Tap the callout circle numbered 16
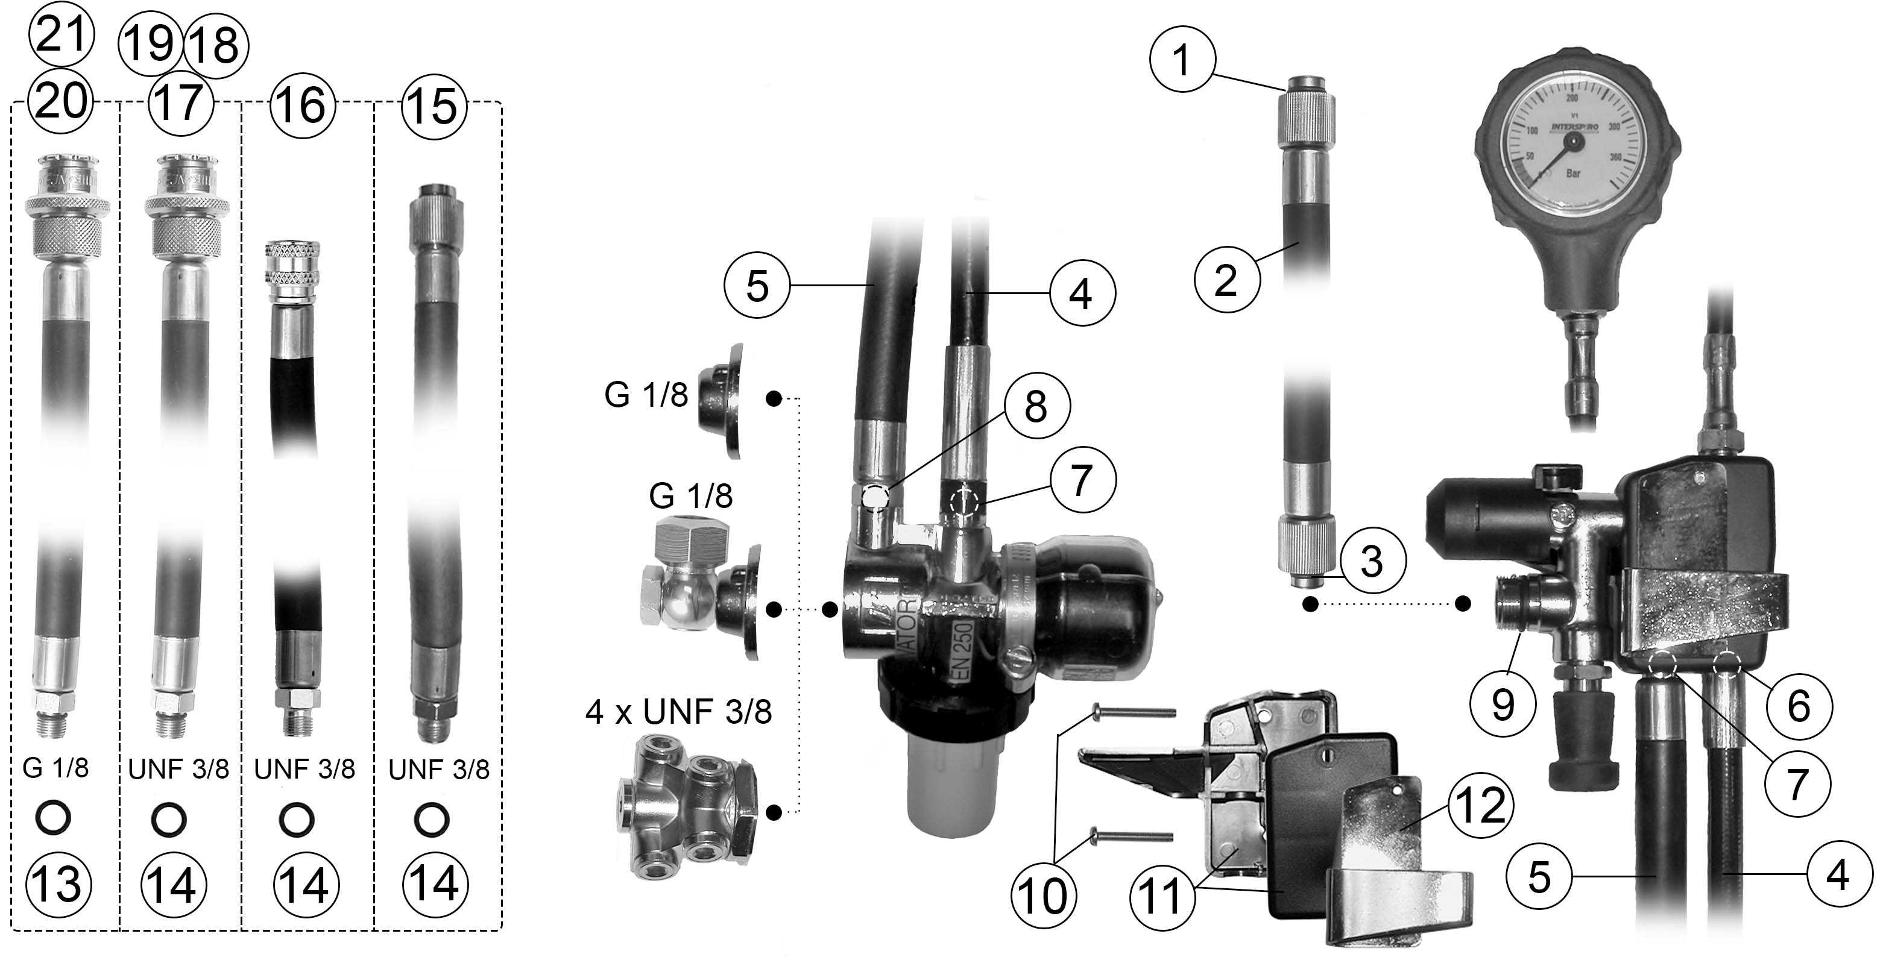pos(303,106)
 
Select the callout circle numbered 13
pos(58,884)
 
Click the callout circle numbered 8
pos(1036,406)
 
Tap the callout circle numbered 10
pos(1043,896)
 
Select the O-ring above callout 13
pos(54,818)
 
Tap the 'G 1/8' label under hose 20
pos(55,768)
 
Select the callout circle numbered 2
pos(1226,280)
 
